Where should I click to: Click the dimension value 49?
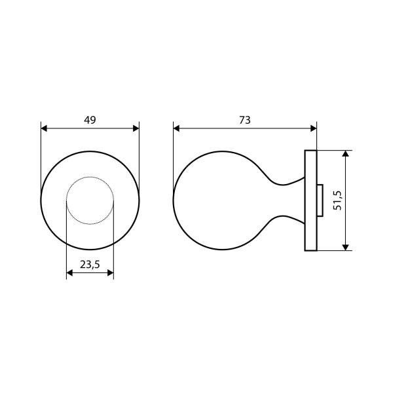[90, 120]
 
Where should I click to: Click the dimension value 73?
[244, 120]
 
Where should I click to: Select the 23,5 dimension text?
[90, 265]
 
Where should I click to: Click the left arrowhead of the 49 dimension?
[44, 128]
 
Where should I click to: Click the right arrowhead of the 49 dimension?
[136, 128]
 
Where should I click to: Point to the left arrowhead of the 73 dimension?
[176, 128]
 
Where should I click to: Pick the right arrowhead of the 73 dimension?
[314, 128]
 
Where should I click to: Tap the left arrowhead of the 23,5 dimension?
[69, 272]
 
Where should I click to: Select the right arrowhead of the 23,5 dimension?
[111, 272]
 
